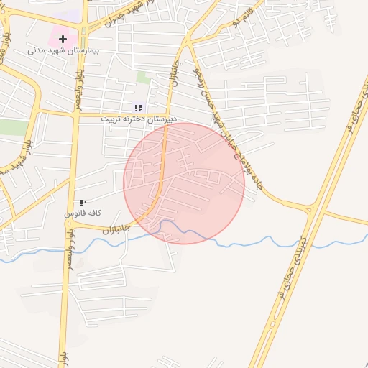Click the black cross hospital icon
pos(63,38)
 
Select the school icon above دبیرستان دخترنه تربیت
pos(138,108)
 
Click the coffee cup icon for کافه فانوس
pos(83,203)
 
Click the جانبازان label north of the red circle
pos(173,71)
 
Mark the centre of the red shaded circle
pos(184,183)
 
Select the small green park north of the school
pos(144,76)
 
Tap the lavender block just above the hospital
pos(68,15)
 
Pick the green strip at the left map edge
pos(13,128)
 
